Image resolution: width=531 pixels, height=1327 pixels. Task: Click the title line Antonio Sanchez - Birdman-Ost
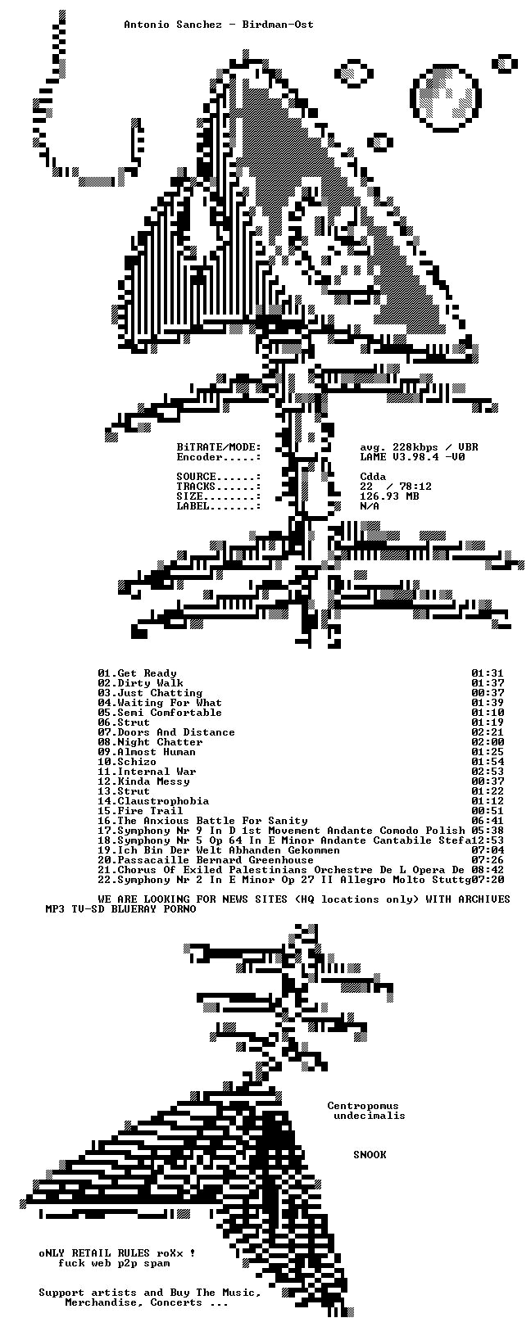(x=219, y=25)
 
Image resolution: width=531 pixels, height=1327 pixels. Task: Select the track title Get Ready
(x=147, y=673)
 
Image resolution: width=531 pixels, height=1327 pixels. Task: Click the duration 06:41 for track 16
(x=488, y=821)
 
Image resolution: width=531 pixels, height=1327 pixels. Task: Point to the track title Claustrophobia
(x=163, y=801)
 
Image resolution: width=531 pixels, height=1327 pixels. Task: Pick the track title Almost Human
(x=157, y=752)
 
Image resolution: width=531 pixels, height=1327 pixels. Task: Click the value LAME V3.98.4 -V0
(x=412, y=457)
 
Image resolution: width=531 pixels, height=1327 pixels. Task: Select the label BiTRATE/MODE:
(x=219, y=446)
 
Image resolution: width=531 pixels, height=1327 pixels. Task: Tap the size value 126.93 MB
(x=389, y=496)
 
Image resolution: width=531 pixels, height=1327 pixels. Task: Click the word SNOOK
(x=370, y=1155)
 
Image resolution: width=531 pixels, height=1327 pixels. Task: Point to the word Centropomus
(x=363, y=1106)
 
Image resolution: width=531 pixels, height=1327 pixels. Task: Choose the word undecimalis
(x=370, y=1116)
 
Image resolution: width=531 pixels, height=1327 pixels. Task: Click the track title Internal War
(x=157, y=772)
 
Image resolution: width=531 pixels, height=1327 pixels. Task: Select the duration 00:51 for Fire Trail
(x=488, y=810)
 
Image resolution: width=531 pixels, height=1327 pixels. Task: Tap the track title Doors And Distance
(x=176, y=732)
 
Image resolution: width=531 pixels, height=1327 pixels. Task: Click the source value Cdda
(x=373, y=476)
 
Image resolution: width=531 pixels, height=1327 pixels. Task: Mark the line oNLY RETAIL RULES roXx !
(x=116, y=1253)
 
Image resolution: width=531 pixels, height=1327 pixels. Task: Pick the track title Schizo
(x=137, y=762)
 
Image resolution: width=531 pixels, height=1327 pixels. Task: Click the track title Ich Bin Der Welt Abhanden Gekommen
(x=229, y=850)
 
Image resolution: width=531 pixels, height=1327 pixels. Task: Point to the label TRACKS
(x=196, y=487)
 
